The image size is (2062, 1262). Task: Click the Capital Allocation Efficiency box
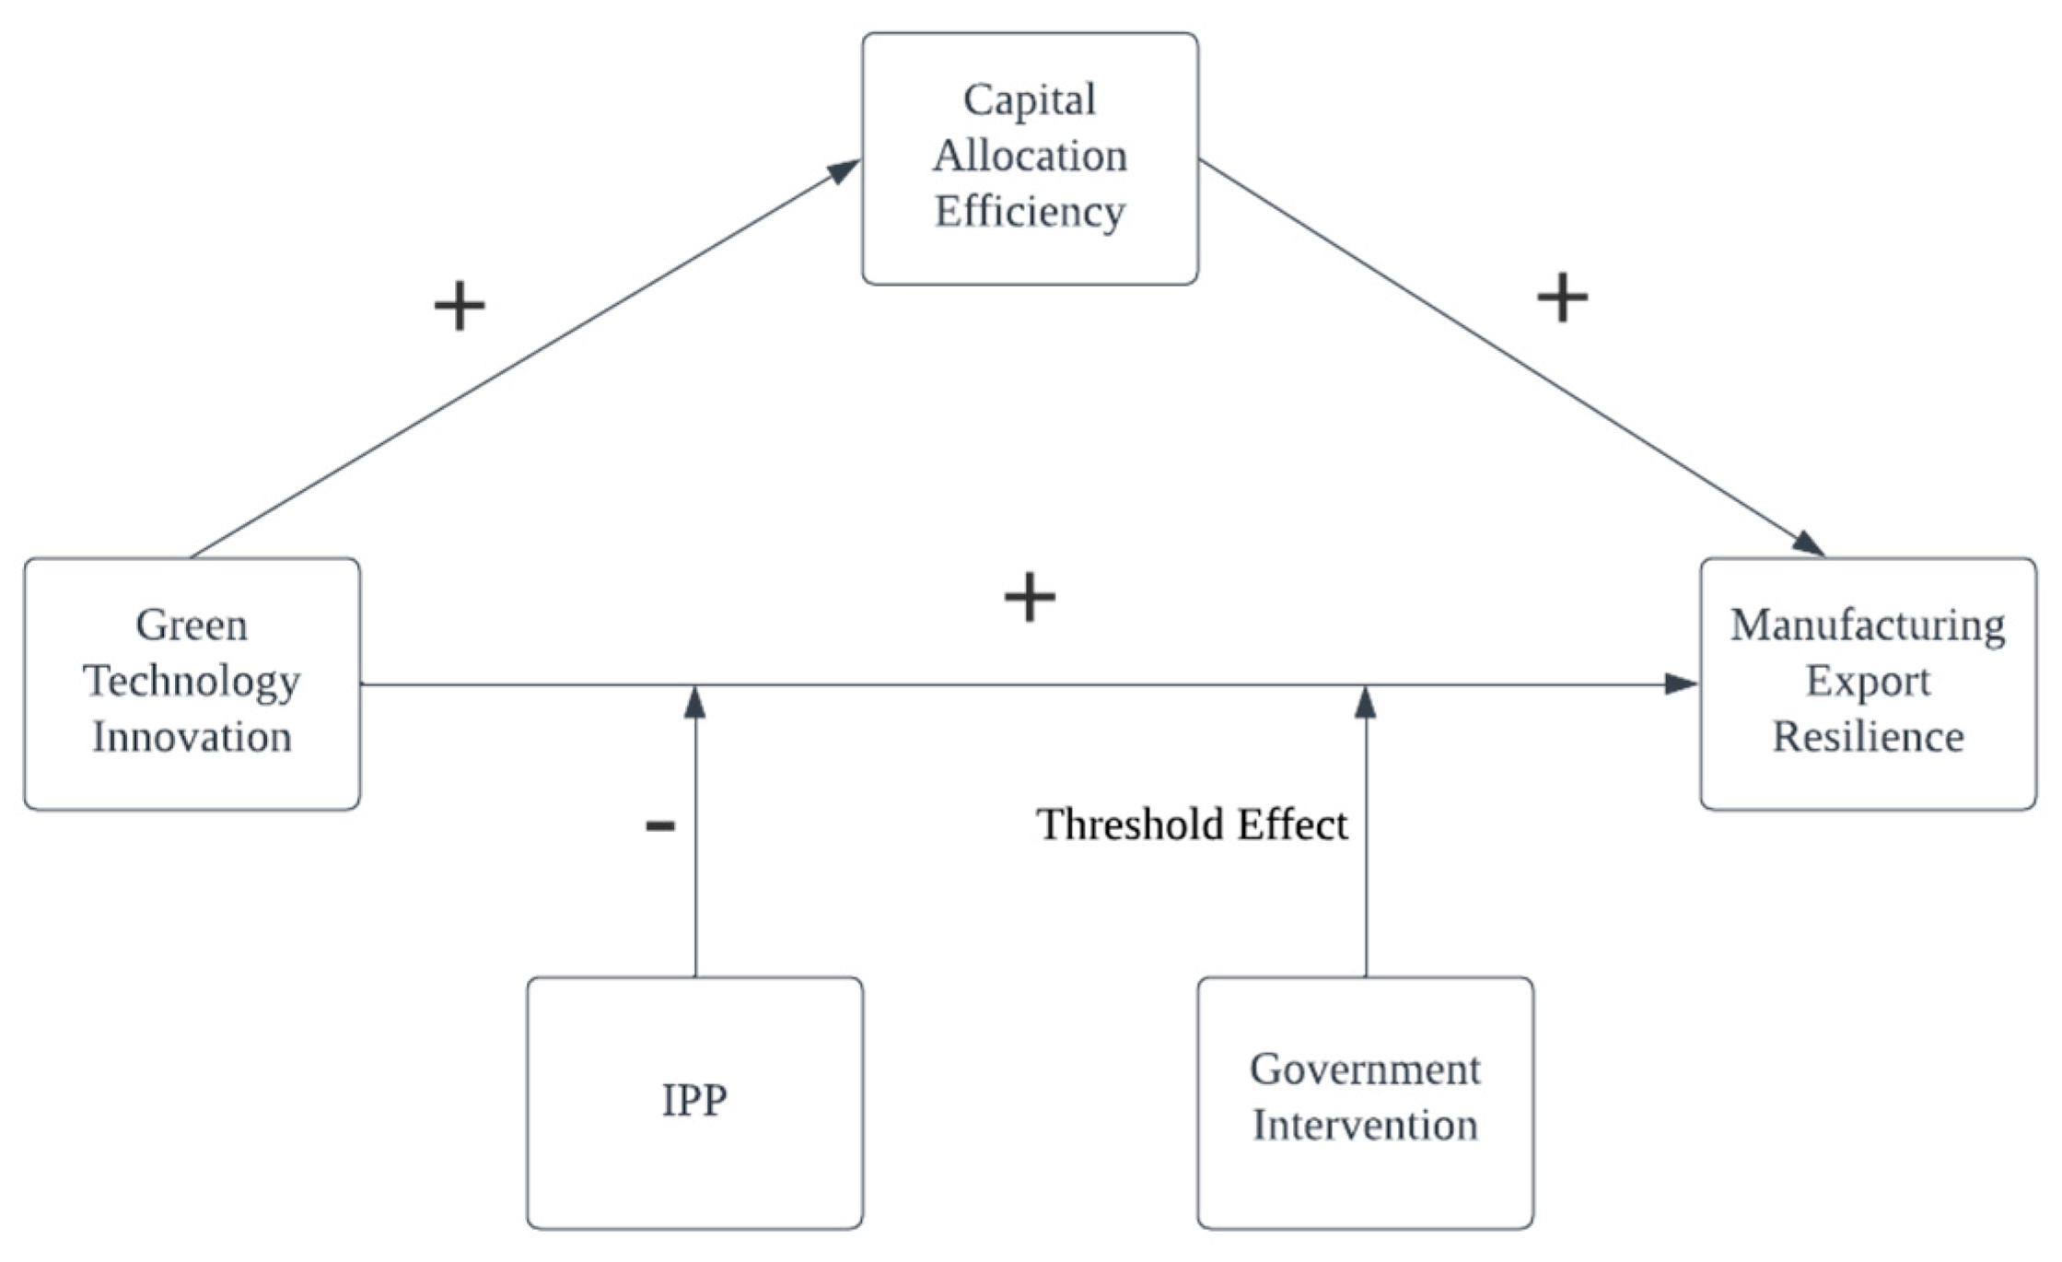pyautogui.click(x=1030, y=158)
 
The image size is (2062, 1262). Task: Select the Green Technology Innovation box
pyautogui.click(x=192, y=684)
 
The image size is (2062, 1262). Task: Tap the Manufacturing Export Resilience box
pyautogui.click(x=1868, y=684)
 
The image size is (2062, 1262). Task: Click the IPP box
pyautogui.click(x=694, y=1103)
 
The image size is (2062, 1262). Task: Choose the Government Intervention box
pyautogui.click(x=1365, y=1103)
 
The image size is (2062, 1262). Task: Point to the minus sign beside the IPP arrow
pyautogui.click(x=660, y=825)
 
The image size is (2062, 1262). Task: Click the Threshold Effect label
pyautogui.click(x=1192, y=824)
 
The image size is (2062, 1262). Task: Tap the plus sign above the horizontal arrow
pyautogui.click(x=1030, y=598)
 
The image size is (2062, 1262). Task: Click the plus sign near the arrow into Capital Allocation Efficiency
pyautogui.click(x=460, y=306)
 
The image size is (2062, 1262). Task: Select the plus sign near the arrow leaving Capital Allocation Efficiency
pyautogui.click(x=1563, y=298)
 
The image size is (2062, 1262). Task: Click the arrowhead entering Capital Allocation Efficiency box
pyautogui.click(x=844, y=171)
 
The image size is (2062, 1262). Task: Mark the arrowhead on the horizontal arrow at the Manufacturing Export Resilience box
pyautogui.click(x=1681, y=684)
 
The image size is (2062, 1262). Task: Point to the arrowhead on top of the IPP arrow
pyautogui.click(x=695, y=702)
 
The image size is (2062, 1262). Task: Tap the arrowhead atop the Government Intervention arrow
pyautogui.click(x=1366, y=702)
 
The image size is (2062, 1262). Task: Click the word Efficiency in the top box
pyautogui.click(x=1030, y=212)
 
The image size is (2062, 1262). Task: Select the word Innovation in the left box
pyautogui.click(x=192, y=738)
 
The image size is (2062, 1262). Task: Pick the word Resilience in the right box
pyautogui.click(x=1868, y=738)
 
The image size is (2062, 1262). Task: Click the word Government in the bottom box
pyautogui.click(x=1365, y=1070)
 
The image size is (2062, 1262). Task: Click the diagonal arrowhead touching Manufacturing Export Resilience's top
pyautogui.click(x=1808, y=543)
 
